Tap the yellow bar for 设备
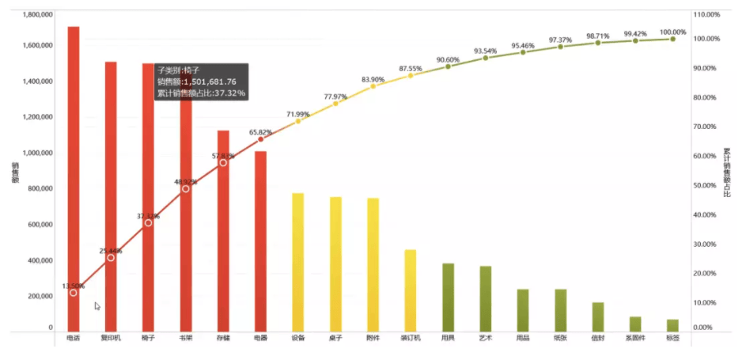tap(298, 261)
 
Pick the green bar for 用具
tap(448, 297)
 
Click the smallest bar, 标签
tap(672, 325)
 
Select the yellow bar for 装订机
tap(411, 290)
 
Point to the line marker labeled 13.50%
tap(74, 293)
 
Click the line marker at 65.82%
tap(260, 139)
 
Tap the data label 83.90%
tap(373, 79)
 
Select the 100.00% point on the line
tap(672, 39)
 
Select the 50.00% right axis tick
tap(706, 185)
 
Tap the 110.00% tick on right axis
tap(706, 15)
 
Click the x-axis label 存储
tap(223, 339)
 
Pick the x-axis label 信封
tap(597, 339)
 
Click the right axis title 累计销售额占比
tap(727, 172)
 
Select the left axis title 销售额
tap(15, 172)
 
